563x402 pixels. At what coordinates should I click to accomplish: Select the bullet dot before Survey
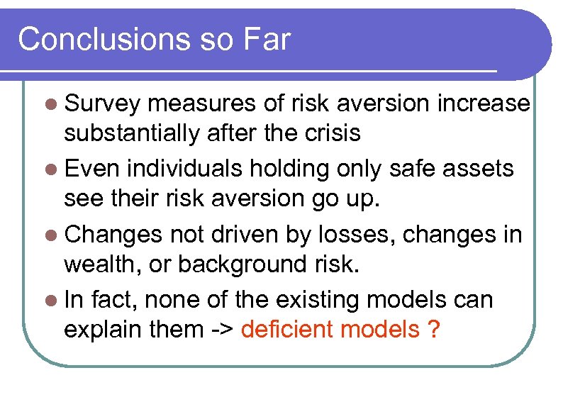50,104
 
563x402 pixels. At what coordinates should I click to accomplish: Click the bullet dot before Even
50,169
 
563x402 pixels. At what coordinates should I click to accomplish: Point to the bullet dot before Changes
50,235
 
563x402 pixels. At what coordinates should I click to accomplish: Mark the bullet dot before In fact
50,300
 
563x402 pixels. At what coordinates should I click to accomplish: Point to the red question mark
433,329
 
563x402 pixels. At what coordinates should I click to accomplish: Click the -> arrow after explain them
220,330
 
